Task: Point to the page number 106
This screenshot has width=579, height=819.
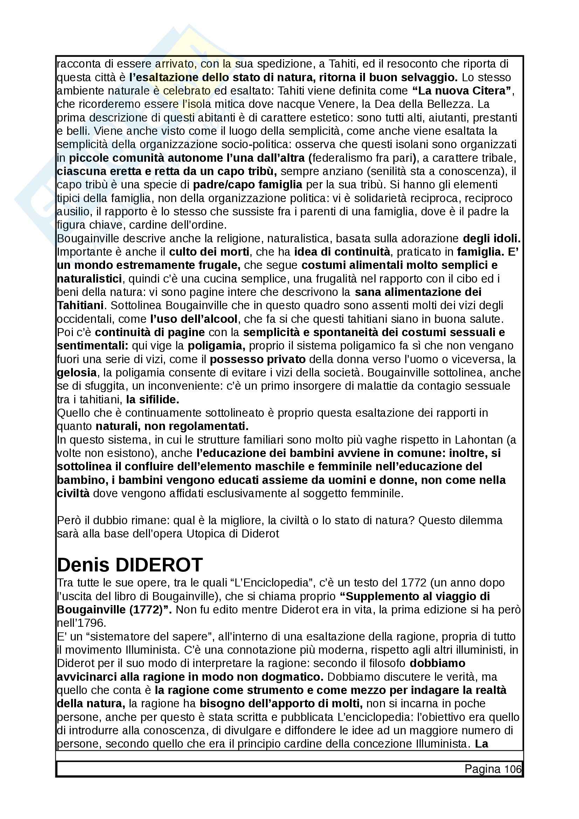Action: pyautogui.click(x=513, y=769)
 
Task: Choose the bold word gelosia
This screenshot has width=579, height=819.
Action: pyautogui.click(x=77, y=373)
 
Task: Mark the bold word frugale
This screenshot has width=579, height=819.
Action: pyautogui.click(x=218, y=265)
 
